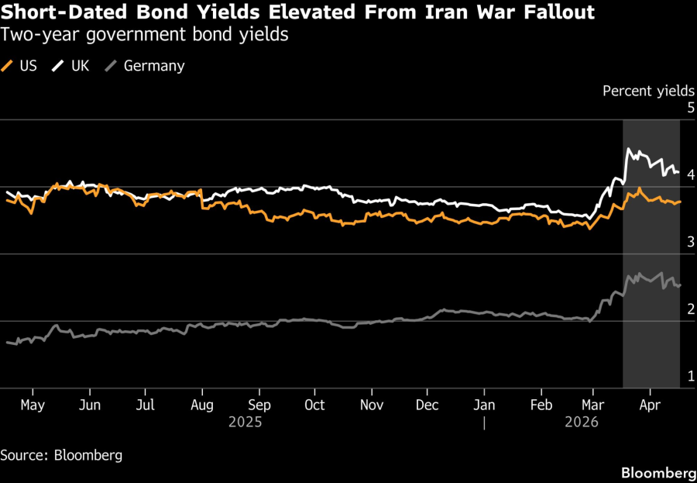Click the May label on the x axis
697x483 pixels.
[x=32, y=405]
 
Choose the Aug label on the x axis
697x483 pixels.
[x=201, y=405]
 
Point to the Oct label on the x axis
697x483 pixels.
[x=314, y=405]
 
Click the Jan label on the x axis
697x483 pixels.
[x=483, y=405]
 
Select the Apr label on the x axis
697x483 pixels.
[x=650, y=405]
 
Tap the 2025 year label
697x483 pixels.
[x=245, y=423]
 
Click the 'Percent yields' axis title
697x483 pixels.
[x=648, y=91]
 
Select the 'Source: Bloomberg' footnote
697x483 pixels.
[x=61, y=455]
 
